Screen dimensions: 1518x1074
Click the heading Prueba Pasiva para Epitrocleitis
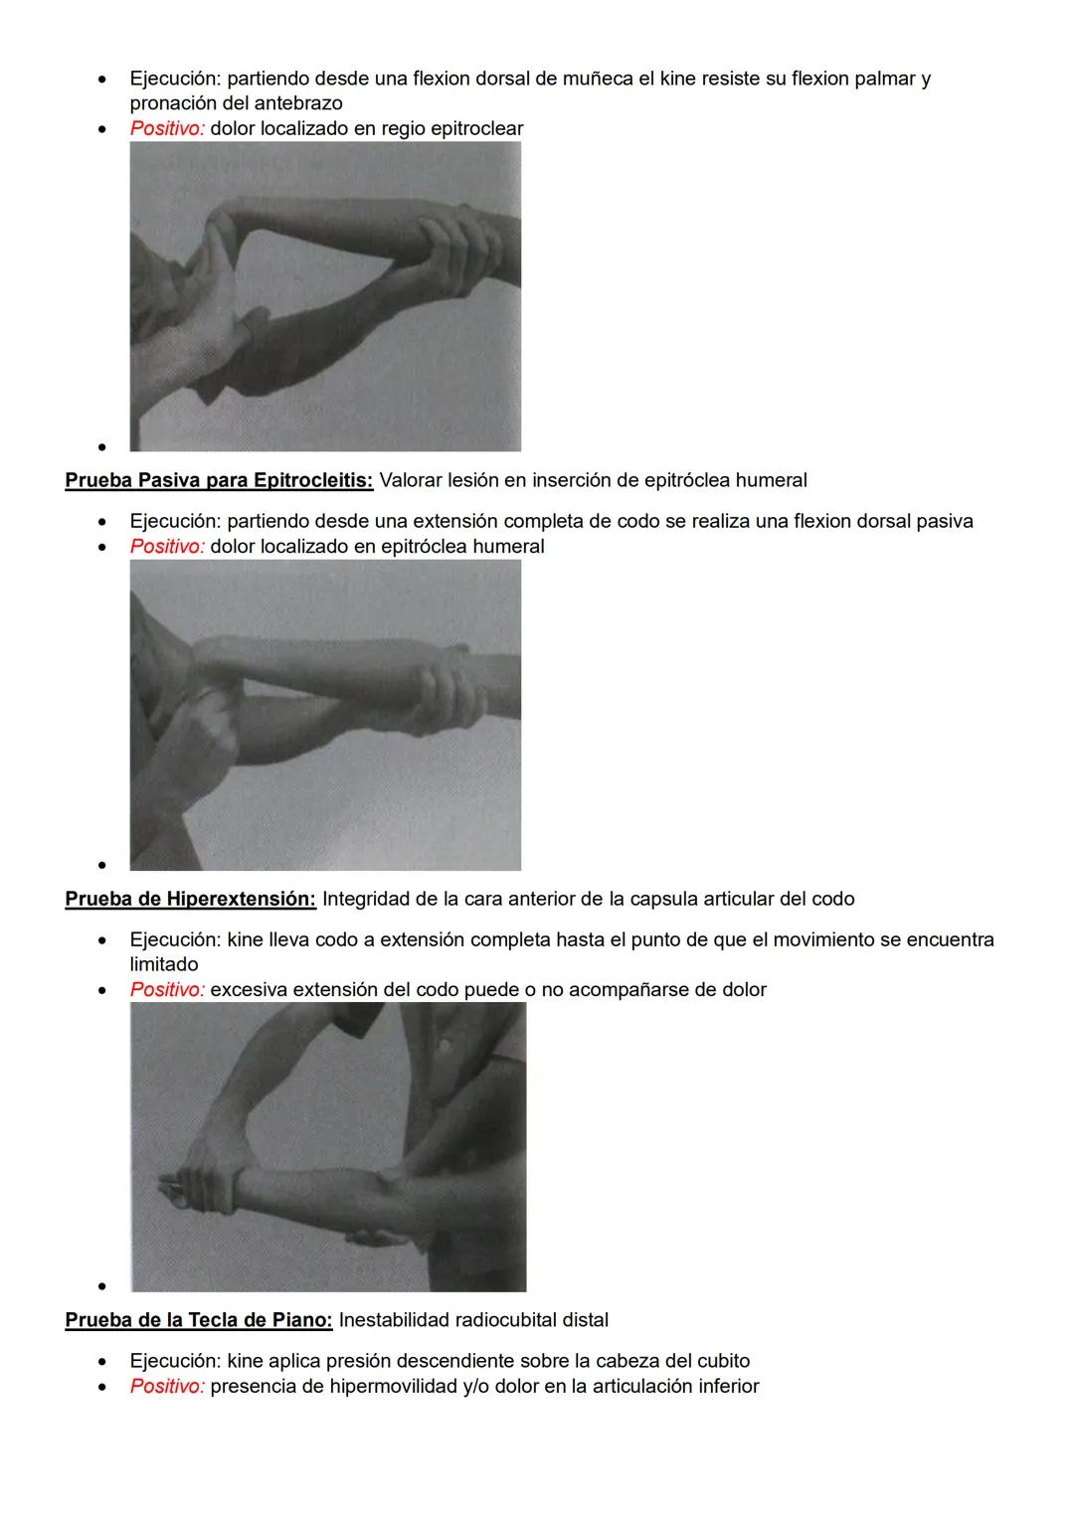pos(219,481)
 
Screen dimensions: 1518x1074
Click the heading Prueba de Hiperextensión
pos(190,900)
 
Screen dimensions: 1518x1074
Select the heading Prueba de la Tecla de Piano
pos(198,1321)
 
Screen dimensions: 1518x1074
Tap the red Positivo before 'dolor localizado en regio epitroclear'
pos(167,129)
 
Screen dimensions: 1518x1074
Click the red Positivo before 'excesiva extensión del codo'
pos(167,990)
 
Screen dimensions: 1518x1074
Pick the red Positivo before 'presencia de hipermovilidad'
pos(167,1387)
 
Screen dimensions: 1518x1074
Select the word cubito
pos(721,1362)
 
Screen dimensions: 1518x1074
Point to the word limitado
pos(164,965)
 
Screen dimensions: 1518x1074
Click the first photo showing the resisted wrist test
pos(325,296)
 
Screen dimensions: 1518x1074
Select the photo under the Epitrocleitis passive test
pos(325,715)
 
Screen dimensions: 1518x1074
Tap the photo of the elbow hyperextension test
pos(328,1147)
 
